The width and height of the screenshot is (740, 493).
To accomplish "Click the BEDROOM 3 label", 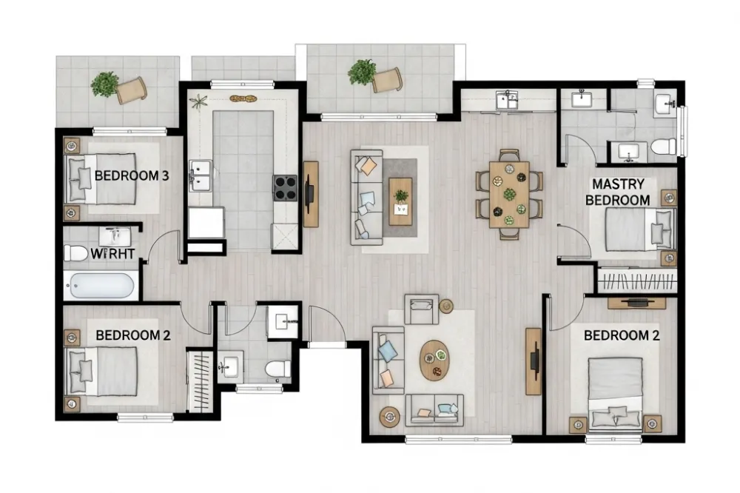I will click(132, 176).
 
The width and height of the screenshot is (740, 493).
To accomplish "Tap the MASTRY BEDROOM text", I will click(617, 192).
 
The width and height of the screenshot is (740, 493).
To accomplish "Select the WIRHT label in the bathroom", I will click(112, 254).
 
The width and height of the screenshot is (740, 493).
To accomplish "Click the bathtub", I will click(101, 286).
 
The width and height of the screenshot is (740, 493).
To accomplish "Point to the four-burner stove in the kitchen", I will click(285, 188).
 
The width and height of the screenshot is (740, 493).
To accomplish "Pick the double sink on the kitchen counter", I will click(201, 176).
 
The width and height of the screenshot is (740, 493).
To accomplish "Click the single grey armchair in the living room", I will click(422, 308).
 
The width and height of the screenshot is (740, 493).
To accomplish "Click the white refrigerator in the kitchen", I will click(206, 223).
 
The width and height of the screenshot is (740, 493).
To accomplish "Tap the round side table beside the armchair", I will click(446, 305).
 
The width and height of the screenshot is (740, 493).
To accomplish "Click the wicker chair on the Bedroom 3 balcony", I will click(132, 90).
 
